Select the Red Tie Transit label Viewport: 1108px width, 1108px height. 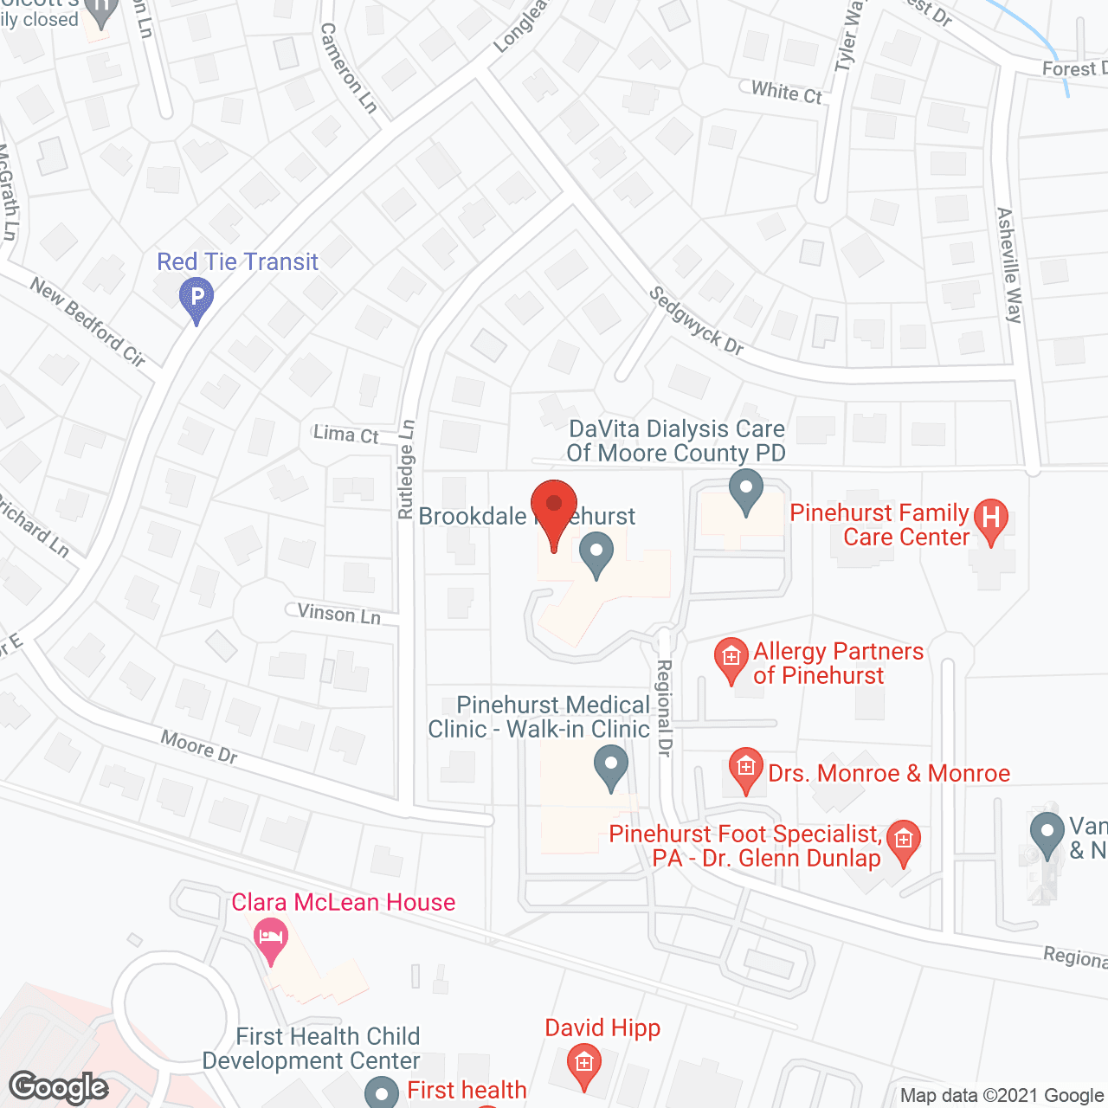coord(237,261)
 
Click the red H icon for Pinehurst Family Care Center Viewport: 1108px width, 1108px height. coord(991,519)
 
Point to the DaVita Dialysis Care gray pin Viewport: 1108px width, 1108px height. coord(746,490)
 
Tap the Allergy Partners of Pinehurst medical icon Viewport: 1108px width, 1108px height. coord(731,658)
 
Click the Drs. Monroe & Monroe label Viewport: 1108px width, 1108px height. coord(889,773)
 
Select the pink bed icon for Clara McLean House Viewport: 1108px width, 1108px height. coord(271,938)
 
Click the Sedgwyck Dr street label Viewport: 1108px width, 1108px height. coord(697,321)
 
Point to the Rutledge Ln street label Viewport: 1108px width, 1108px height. coord(407,469)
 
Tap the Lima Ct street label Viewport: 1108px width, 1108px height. coord(346,435)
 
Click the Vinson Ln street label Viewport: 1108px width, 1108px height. coord(339,614)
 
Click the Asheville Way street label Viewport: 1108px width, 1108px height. coord(1009,265)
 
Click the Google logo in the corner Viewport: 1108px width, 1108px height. coord(59,1087)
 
